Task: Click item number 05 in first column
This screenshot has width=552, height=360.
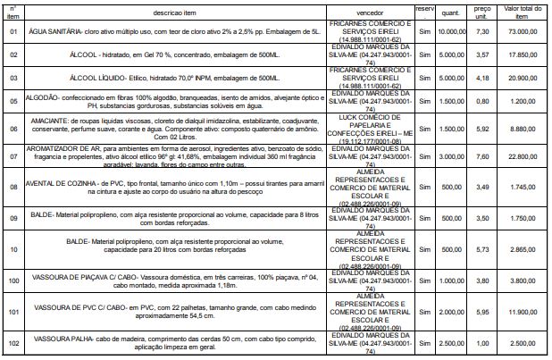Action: coord(13,102)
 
